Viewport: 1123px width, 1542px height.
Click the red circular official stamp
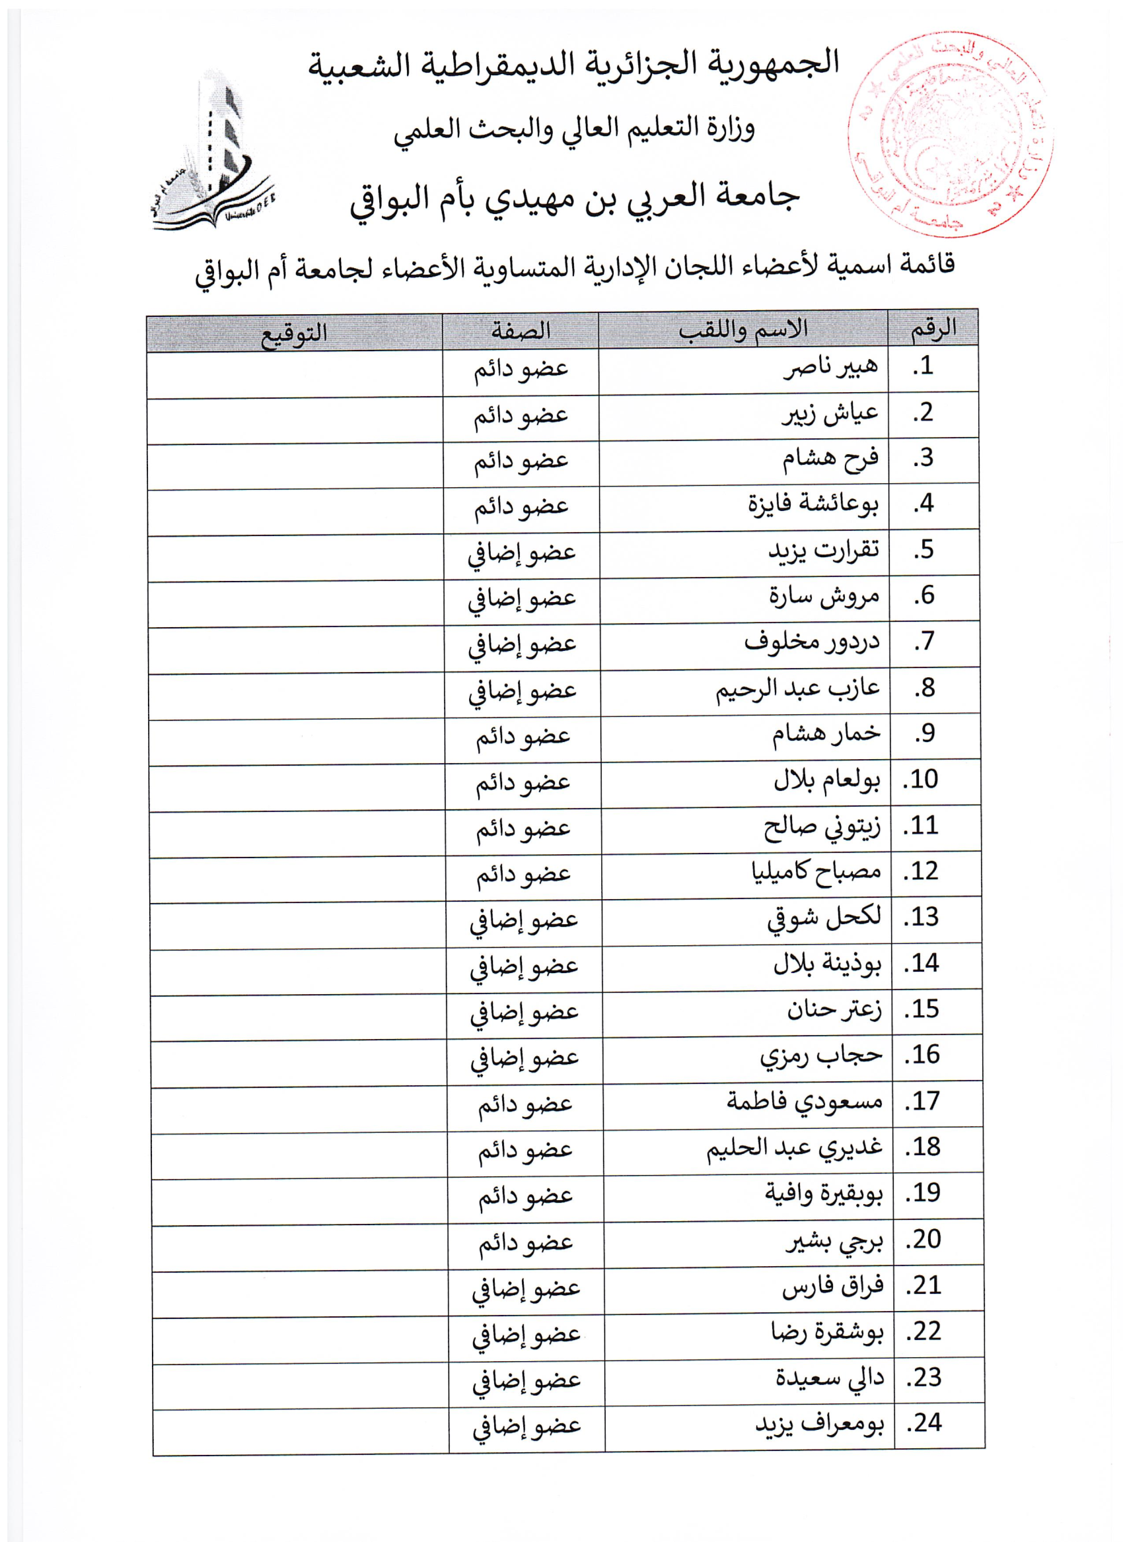[x=949, y=134]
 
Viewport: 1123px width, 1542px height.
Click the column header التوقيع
[x=294, y=333]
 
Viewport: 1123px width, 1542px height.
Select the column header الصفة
[x=521, y=331]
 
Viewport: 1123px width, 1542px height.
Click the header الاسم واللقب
[x=743, y=330]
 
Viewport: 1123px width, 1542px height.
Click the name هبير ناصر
[x=830, y=368]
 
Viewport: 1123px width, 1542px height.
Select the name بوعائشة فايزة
[x=813, y=504]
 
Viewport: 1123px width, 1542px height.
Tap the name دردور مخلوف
[x=811, y=642]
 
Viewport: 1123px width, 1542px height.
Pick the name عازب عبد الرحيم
[x=797, y=688]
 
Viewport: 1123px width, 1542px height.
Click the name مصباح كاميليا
[x=816, y=871]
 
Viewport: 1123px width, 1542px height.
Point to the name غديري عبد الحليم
[x=794, y=1148]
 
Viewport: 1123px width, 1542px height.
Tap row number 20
[x=923, y=1240]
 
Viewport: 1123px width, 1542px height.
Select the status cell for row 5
[x=522, y=552]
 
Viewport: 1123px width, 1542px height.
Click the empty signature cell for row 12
[x=297, y=880]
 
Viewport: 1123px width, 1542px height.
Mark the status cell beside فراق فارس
[x=526, y=1287]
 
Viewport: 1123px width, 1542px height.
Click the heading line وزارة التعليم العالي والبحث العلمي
[x=574, y=129]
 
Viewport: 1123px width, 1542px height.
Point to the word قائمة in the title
[x=925, y=265]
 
